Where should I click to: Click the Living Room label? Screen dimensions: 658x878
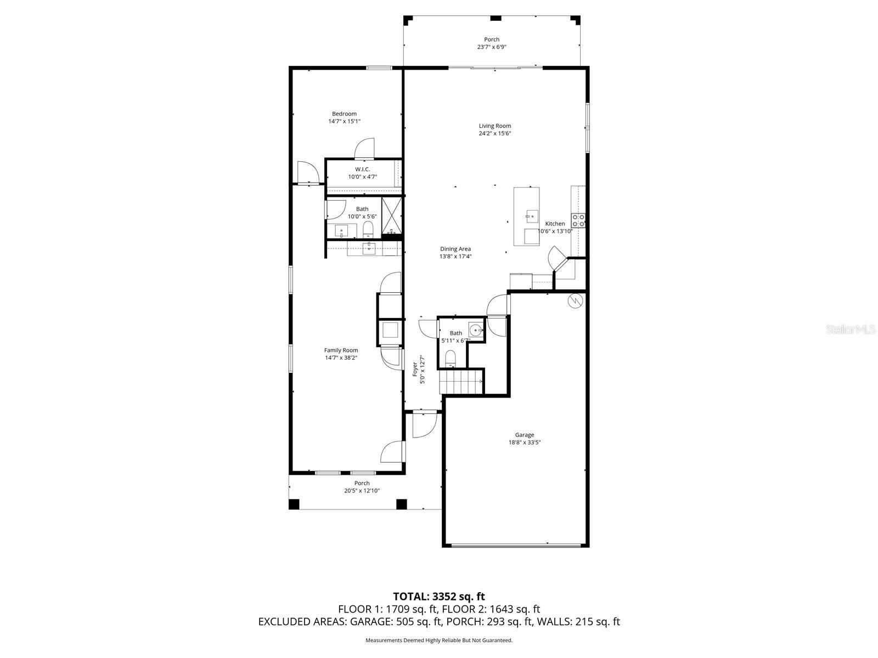[x=494, y=126]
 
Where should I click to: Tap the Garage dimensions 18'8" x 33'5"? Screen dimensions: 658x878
[x=524, y=443]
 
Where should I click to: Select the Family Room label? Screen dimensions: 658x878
[x=341, y=350]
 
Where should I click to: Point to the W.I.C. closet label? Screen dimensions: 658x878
[x=362, y=169]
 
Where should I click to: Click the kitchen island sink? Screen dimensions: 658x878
[x=531, y=217]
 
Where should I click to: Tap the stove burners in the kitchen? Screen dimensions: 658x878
[x=578, y=220]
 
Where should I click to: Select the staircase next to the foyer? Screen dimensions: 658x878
[x=462, y=382]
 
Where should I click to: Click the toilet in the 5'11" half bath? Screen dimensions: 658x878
[x=451, y=358]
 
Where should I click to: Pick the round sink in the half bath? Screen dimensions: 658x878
[x=475, y=330]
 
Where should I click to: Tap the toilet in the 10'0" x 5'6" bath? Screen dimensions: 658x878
[x=368, y=229]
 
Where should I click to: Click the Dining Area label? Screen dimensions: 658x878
[x=455, y=249]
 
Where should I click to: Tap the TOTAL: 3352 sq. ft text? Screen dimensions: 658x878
[x=439, y=596]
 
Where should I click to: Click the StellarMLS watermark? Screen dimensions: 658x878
[x=850, y=329]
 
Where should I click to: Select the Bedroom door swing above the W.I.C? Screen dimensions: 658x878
[x=365, y=148]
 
